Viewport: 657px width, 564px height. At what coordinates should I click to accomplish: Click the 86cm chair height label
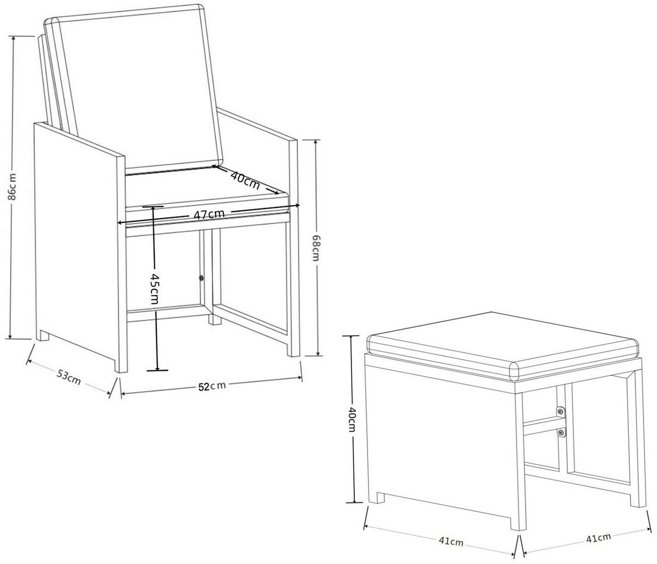pos(12,187)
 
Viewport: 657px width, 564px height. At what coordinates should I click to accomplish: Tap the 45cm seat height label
pos(154,288)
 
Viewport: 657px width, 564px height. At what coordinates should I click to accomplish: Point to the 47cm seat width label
pos(209,214)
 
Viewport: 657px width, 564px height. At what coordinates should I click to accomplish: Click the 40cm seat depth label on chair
pos(245,180)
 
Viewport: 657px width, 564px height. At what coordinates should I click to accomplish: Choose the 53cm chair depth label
pos(69,377)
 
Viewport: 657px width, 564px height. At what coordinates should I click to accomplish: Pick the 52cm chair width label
pos(212,386)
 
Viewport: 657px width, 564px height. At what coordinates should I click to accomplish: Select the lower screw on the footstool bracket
pos(561,433)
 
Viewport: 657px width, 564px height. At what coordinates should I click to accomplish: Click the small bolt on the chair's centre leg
pos(201,278)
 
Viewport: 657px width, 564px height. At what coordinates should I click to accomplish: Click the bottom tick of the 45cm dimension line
pos(157,370)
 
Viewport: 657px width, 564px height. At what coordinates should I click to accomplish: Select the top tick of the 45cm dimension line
pos(153,206)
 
